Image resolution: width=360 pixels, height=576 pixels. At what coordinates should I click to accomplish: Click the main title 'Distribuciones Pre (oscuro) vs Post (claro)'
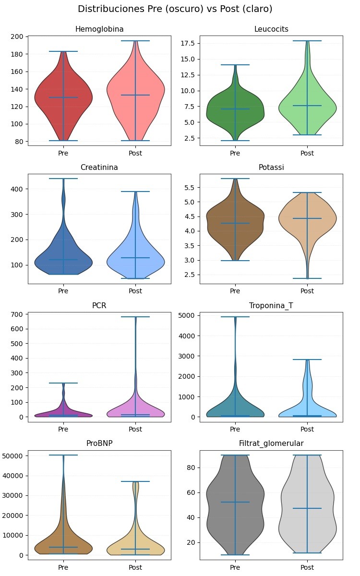(x=175, y=9)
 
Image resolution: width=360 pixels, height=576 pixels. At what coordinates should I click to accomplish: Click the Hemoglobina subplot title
(x=99, y=30)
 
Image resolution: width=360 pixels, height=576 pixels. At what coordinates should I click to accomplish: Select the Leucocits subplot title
(x=271, y=30)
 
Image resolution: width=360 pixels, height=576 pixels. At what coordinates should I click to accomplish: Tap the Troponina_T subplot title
(x=271, y=306)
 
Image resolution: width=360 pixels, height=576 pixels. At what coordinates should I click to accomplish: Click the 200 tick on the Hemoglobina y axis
(x=18, y=37)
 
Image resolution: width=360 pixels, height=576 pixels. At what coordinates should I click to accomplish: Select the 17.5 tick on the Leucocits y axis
(x=188, y=44)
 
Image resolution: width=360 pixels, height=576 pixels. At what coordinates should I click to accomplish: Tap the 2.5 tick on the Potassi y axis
(x=190, y=275)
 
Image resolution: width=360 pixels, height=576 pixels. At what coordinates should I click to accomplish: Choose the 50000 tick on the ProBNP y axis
(x=14, y=456)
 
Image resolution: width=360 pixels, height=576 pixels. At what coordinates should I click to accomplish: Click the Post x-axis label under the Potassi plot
(x=307, y=291)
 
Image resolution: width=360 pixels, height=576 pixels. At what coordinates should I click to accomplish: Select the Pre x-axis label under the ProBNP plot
(x=63, y=567)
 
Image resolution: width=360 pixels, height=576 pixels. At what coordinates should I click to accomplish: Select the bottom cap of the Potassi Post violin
(x=307, y=278)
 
